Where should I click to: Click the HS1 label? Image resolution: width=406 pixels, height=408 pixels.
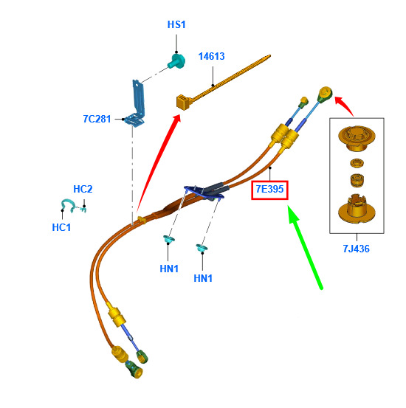tap(176, 24)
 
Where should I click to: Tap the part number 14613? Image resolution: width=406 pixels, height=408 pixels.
tap(211, 56)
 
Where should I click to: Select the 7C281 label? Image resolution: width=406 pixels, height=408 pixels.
tap(97, 119)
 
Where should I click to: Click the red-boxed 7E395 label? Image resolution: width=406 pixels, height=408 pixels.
tap(269, 190)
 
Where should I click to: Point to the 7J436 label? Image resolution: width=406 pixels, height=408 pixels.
tap(356, 249)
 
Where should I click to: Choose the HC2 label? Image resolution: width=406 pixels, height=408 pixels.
tap(83, 189)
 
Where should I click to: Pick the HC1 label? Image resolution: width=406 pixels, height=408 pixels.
tap(61, 227)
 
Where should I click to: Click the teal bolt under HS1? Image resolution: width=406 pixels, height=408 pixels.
tap(176, 61)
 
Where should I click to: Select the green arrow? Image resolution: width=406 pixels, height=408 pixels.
tap(305, 246)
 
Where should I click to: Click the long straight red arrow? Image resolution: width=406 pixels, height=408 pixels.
tap(158, 165)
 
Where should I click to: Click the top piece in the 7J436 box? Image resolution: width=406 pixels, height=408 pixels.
tap(357, 138)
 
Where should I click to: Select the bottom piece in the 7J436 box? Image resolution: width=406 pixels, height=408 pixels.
tap(357, 208)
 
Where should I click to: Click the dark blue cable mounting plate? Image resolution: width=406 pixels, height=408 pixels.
tap(204, 193)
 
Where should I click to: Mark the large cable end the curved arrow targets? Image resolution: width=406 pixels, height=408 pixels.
tap(325, 94)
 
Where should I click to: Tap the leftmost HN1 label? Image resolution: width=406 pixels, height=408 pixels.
tap(169, 269)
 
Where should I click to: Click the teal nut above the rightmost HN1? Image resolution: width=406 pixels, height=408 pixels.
tap(202, 248)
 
